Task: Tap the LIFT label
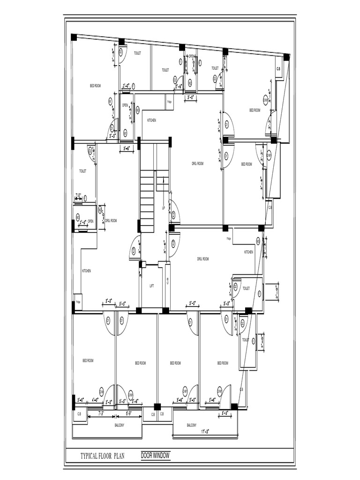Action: pos(151,285)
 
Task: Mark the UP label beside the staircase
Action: pos(163,208)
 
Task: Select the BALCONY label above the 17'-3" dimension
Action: pos(191,425)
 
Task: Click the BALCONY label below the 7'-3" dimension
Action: pos(120,425)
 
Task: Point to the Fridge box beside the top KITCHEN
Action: pos(169,101)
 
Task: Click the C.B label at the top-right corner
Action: pos(278,69)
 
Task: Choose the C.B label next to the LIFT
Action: pos(168,280)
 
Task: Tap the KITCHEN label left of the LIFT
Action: pos(86,271)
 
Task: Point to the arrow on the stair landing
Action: pos(163,180)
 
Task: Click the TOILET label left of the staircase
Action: pos(82,172)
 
